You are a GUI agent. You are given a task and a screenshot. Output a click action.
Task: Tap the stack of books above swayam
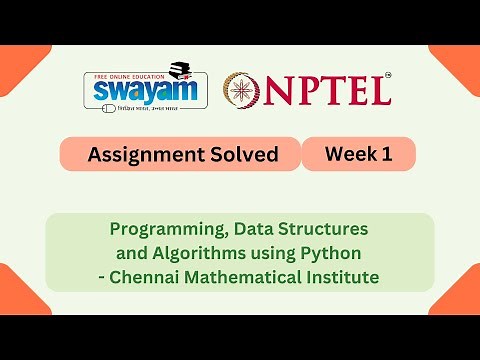pos(181,70)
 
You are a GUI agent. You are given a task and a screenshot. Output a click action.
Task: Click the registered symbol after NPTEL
pos(387,74)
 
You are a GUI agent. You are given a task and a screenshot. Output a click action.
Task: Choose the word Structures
pos(325,229)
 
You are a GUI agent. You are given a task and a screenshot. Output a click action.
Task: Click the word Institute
pos(342,276)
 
